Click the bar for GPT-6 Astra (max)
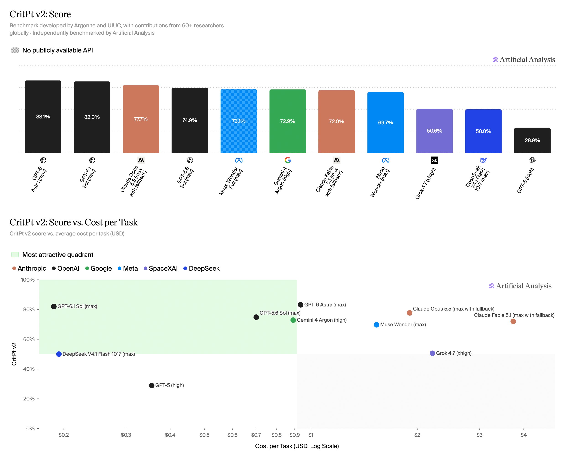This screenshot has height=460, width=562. point(43,117)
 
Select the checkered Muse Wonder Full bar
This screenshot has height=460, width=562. point(239,121)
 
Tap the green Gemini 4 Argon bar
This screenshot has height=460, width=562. point(288,121)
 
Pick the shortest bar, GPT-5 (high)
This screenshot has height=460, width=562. point(532,140)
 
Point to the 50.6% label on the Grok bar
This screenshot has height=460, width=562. point(434,131)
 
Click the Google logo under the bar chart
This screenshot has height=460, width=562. point(288,160)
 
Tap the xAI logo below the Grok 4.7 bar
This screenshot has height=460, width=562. point(435,160)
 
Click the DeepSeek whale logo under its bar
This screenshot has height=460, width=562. point(483,160)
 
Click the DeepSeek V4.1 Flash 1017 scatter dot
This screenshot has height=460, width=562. point(59,354)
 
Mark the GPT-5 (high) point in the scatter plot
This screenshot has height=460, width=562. point(151,386)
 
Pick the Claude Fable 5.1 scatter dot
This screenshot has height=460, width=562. point(513,321)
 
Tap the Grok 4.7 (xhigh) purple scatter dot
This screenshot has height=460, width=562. point(432,353)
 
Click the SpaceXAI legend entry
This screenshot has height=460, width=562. point(161,268)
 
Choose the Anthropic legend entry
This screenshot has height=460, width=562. point(29,268)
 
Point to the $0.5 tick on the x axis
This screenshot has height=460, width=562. point(204,435)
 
